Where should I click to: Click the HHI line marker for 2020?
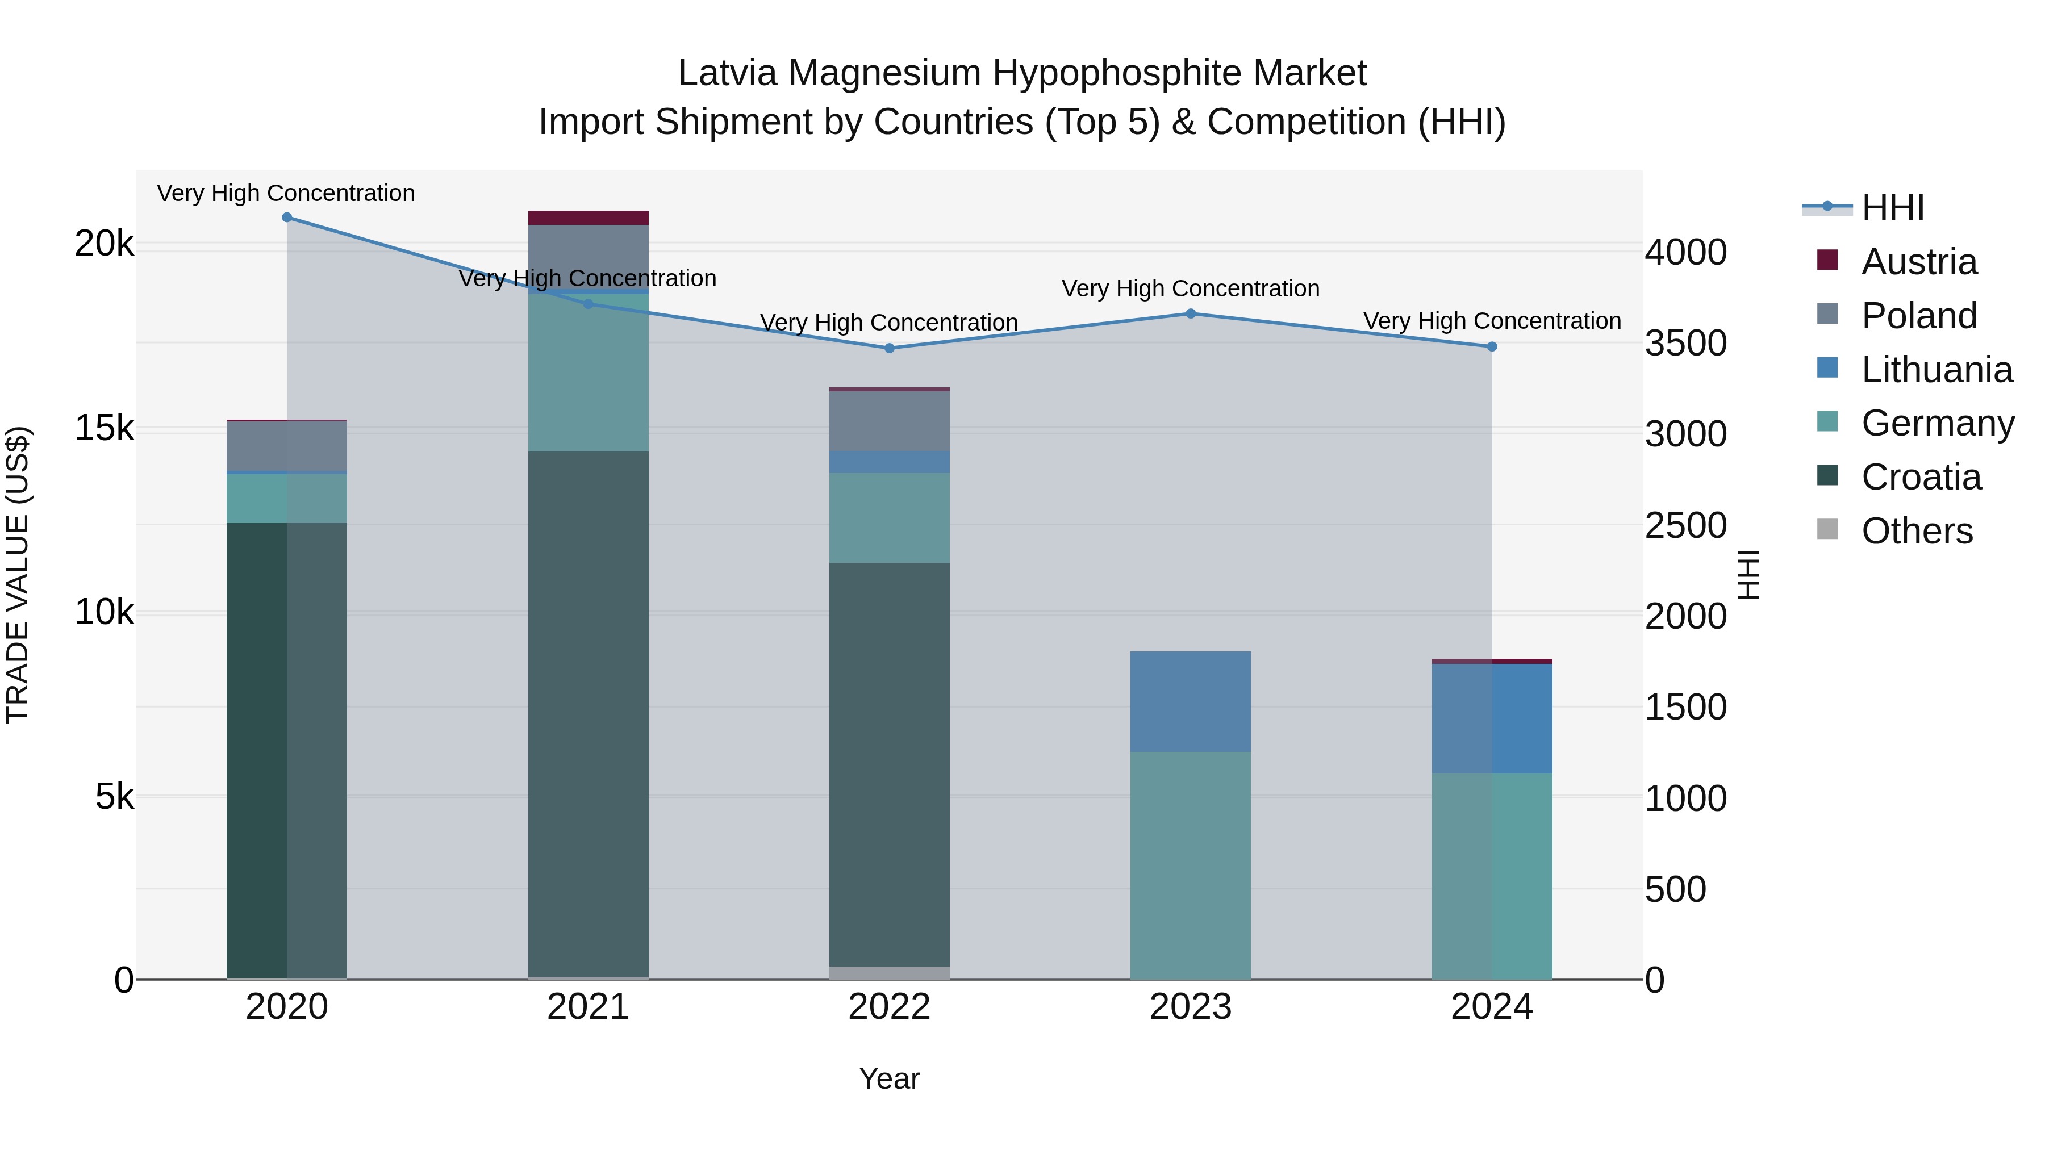(x=287, y=218)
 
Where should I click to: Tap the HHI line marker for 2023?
(x=1191, y=313)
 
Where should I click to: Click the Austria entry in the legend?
(x=1919, y=262)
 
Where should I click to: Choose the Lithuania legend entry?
(x=1937, y=370)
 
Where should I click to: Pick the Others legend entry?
(x=1917, y=531)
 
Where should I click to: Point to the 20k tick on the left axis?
(x=104, y=244)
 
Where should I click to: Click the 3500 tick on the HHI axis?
(x=1685, y=344)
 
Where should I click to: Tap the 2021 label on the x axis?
(x=589, y=1007)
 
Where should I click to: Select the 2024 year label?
(x=1492, y=1007)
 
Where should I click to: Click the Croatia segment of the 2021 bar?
(x=589, y=714)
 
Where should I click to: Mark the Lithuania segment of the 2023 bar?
(x=1191, y=701)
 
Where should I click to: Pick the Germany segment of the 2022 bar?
(x=889, y=518)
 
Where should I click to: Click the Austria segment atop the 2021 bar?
(x=589, y=218)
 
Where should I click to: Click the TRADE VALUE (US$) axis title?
(x=18, y=575)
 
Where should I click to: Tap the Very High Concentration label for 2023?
(x=1191, y=289)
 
